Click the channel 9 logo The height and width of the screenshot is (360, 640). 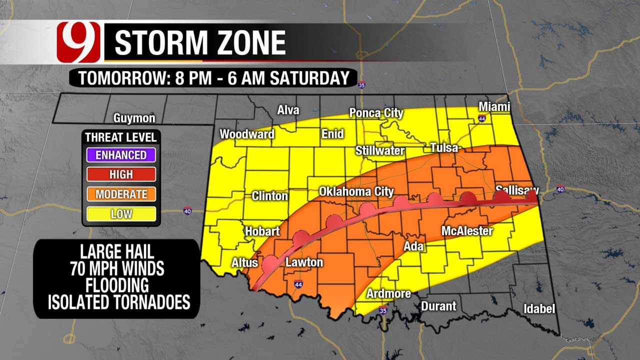[x=78, y=42]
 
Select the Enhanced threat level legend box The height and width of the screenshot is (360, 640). [x=121, y=154]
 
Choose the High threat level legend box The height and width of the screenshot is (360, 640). [x=121, y=174]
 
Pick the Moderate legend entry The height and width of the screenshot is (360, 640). [x=121, y=194]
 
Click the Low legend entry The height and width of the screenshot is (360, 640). [x=121, y=214]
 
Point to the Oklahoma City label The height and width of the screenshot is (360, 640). [x=356, y=191]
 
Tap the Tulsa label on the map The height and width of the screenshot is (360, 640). [x=444, y=147]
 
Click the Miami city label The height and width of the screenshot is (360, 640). [x=494, y=107]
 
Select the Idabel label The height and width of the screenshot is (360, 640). [x=539, y=309]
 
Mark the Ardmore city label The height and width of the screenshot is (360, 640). [x=388, y=293]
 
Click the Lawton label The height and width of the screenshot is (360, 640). [x=304, y=262]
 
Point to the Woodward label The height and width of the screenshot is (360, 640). [x=247, y=134]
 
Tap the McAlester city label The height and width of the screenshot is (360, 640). [x=467, y=231]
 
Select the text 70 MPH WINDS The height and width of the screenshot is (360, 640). [x=117, y=269]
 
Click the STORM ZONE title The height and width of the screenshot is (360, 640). [x=200, y=43]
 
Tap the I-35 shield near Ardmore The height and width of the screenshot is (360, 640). [x=383, y=309]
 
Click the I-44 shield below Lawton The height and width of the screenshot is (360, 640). [x=298, y=284]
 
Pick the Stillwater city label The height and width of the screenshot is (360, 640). [x=380, y=150]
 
